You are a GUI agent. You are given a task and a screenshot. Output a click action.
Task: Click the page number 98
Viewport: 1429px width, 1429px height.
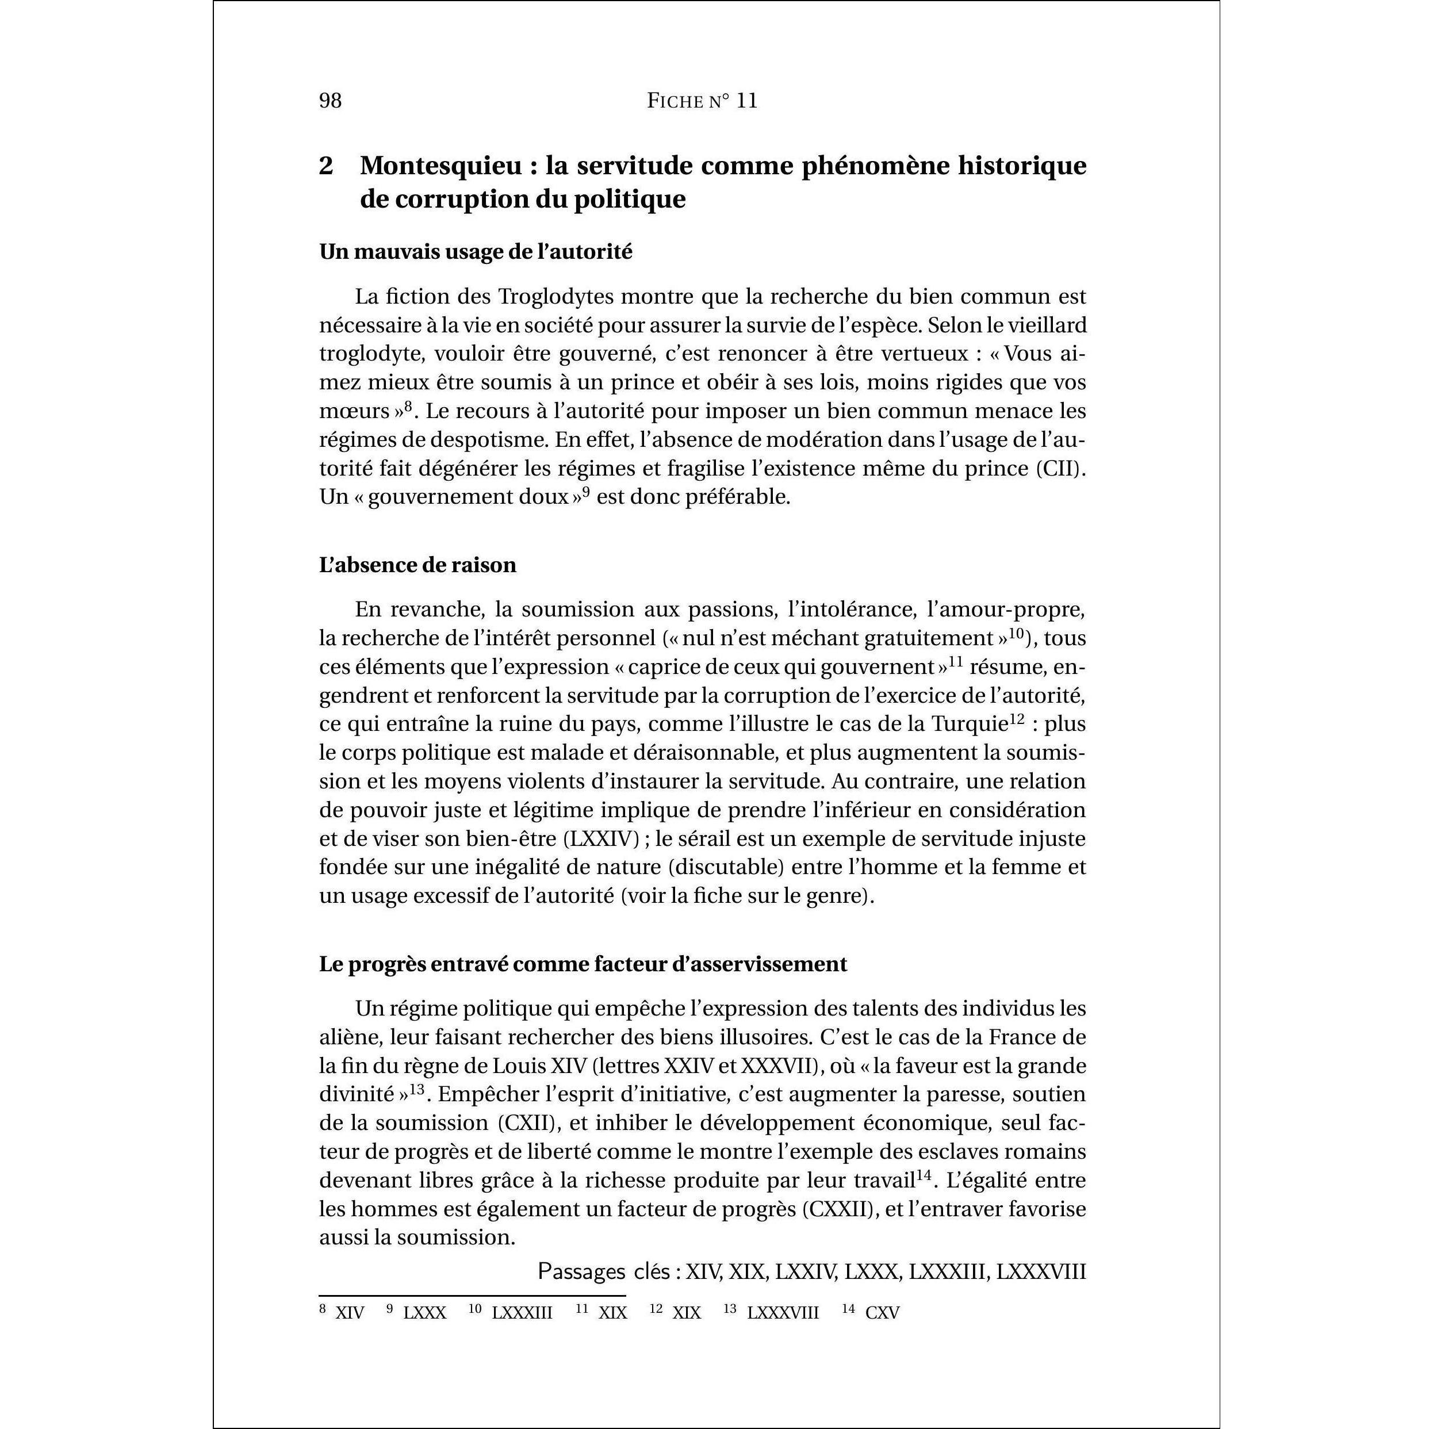pos(330,101)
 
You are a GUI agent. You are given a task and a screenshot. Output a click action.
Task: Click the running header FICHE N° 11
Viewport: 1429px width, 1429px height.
pos(702,101)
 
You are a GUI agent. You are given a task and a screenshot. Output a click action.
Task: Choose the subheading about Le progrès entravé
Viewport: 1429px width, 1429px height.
pos(583,964)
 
